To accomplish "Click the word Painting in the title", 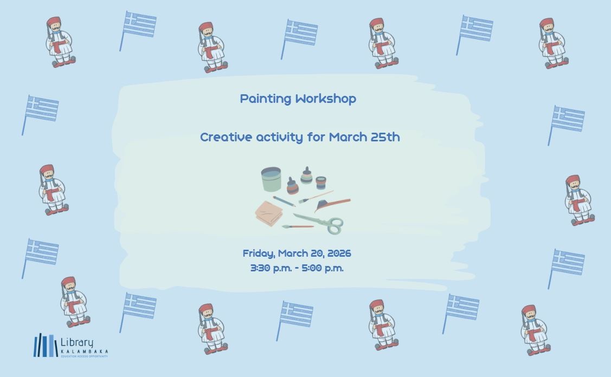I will tap(266, 99).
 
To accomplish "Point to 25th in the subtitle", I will tap(385, 137).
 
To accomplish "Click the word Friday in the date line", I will tap(258, 253).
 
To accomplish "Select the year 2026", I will tap(339, 253).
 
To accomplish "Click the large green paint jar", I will tap(271, 179).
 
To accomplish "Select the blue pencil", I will tap(284, 201).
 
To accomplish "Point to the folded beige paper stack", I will tap(268, 213).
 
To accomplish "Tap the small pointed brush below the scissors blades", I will tap(297, 227).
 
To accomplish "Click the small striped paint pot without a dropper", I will tap(321, 182).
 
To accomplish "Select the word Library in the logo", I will tap(76, 343).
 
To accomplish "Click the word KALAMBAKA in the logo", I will tap(84, 352).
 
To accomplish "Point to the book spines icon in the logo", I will tap(45, 346).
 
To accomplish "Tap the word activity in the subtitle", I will tap(279, 137).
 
